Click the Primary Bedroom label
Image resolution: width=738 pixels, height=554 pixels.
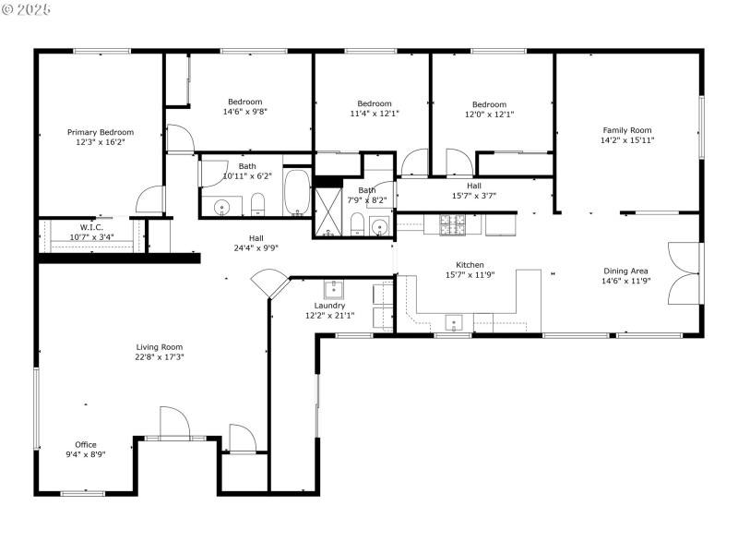pyautogui.click(x=100, y=132)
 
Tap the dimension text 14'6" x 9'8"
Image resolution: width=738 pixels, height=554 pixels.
pyautogui.click(x=245, y=112)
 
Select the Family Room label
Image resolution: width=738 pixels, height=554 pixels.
pyautogui.click(x=627, y=130)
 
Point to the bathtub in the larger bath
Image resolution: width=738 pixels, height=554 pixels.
pyautogui.click(x=297, y=191)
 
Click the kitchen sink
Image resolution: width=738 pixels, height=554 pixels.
pyautogui.click(x=454, y=321)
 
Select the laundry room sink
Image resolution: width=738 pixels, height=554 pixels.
pyautogui.click(x=332, y=288)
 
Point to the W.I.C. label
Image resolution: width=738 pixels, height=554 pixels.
pyautogui.click(x=90, y=226)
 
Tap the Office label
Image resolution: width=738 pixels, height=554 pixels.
pyautogui.click(x=85, y=444)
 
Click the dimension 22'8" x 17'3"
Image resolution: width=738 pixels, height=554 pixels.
pyautogui.click(x=160, y=356)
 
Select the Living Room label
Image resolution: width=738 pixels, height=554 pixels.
pyautogui.click(x=160, y=347)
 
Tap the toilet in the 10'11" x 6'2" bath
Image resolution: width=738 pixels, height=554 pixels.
pyautogui.click(x=259, y=203)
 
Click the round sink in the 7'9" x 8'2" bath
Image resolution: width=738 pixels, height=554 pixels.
pyautogui.click(x=379, y=227)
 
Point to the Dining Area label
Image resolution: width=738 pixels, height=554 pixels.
pyautogui.click(x=626, y=271)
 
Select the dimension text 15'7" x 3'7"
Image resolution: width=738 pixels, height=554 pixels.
pyautogui.click(x=473, y=195)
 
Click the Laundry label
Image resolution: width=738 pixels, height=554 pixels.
pyautogui.click(x=329, y=306)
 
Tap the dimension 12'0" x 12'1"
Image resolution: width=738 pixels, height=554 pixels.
pyautogui.click(x=489, y=114)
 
